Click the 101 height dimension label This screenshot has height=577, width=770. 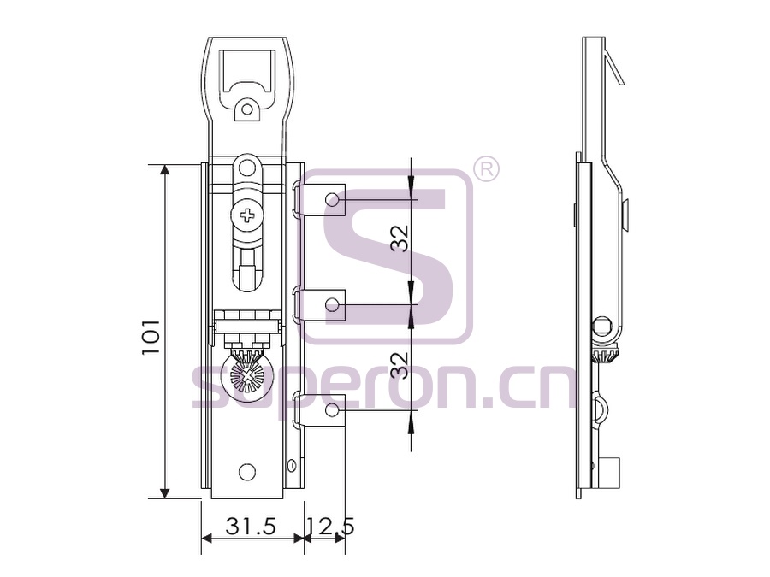[x=151, y=337]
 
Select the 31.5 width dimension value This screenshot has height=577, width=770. [x=251, y=527]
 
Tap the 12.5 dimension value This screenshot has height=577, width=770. [x=330, y=527]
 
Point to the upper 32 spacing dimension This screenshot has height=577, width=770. [x=400, y=238]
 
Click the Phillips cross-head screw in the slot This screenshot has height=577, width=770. [x=246, y=215]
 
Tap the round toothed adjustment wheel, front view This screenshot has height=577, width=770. [x=247, y=375]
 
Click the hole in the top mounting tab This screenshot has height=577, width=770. [x=333, y=199]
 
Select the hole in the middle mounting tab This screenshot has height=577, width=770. [x=333, y=304]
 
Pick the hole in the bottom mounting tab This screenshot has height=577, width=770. [x=333, y=409]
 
